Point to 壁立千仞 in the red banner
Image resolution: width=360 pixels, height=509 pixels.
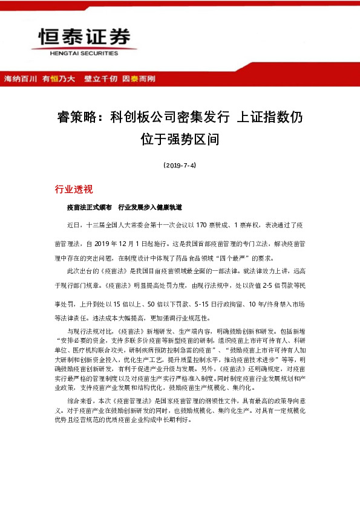coord(101,79)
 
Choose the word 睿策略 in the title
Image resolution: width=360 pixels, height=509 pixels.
coord(77,117)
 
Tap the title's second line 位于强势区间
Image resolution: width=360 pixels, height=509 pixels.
coord(180,140)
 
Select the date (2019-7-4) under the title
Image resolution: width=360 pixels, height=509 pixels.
coord(180,164)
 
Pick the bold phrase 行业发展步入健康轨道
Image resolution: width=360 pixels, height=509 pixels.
coord(150,207)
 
